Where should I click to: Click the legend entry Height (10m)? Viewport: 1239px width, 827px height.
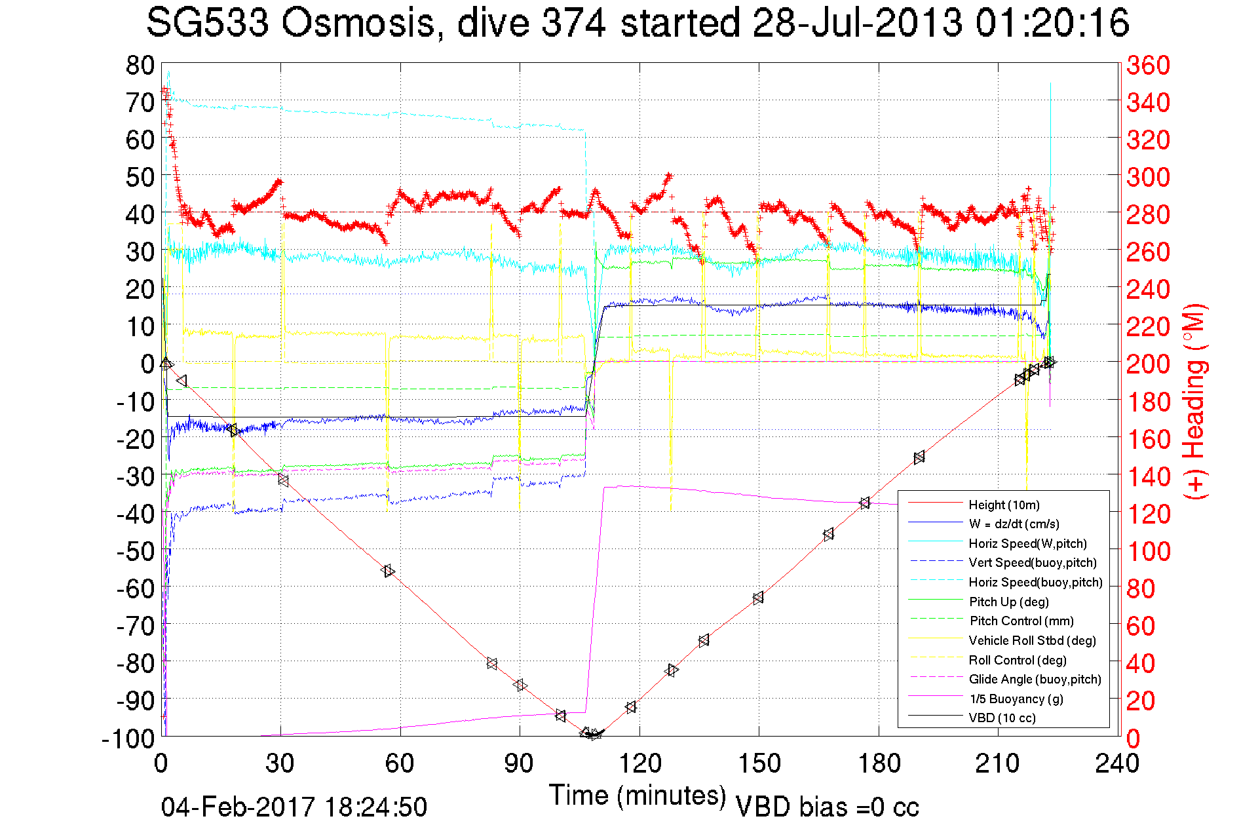1004,505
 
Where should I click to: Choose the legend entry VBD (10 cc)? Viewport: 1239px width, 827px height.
1002,718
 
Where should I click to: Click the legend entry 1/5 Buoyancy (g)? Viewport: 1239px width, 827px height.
1016,699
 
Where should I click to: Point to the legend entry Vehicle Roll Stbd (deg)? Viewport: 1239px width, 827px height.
1032,640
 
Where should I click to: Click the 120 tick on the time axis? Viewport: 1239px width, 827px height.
639,763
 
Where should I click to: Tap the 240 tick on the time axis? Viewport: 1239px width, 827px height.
1117,763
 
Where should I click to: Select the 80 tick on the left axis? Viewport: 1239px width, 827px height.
140,66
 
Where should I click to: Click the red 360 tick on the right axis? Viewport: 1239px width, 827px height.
1148,66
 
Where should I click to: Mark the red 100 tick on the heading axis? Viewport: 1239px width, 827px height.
1148,551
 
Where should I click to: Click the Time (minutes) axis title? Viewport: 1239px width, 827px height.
637,796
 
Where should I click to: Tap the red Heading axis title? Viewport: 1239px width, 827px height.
1195,401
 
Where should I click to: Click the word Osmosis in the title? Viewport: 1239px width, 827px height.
358,24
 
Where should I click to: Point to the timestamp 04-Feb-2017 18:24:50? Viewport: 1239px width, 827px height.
294,807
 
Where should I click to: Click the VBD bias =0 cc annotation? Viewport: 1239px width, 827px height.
827,807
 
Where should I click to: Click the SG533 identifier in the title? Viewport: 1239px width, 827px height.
207,24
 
